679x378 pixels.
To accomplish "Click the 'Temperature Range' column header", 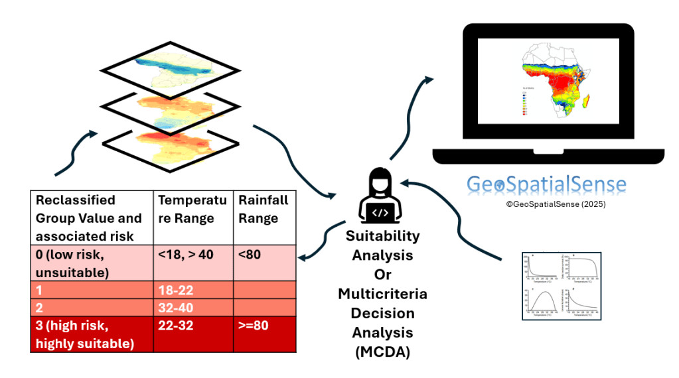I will click(192, 209).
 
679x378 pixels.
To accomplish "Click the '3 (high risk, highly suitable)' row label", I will click(92, 334).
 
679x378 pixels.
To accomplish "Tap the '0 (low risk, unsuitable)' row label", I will click(92, 262).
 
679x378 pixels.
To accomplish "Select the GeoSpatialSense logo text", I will click(546, 184).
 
